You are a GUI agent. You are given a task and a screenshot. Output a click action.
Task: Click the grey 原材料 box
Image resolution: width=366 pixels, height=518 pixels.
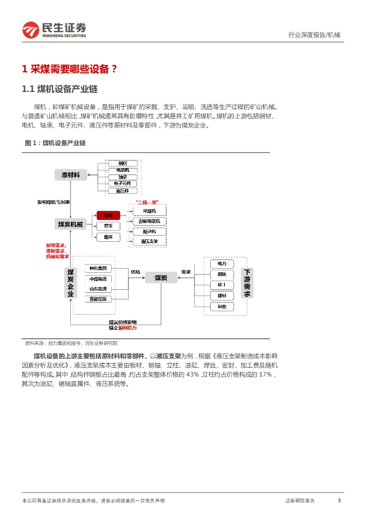[x=71, y=175]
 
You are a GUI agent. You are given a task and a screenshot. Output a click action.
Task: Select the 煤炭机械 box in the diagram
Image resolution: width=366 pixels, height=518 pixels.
[x=71, y=224]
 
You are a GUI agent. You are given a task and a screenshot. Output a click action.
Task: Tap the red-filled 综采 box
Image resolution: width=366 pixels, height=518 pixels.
[x=108, y=215]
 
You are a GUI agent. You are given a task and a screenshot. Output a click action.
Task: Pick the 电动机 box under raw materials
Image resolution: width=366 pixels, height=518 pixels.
[x=123, y=170]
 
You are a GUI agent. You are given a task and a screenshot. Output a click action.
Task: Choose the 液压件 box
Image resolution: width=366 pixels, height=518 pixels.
[x=123, y=191]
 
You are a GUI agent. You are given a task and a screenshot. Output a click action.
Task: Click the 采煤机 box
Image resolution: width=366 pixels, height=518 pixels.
[x=149, y=211]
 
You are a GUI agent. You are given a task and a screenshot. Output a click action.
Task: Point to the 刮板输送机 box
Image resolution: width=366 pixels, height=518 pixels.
[x=149, y=221]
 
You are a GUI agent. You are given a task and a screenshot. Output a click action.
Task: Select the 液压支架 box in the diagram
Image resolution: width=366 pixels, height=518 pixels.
[x=149, y=241]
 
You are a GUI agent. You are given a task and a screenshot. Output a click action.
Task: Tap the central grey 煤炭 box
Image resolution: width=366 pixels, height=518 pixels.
[x=161, y=277]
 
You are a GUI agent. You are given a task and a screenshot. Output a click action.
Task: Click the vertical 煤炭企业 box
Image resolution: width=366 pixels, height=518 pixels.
[x=71, y=283]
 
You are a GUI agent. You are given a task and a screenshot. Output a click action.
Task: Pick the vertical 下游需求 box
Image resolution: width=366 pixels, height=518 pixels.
[x=247, y=283]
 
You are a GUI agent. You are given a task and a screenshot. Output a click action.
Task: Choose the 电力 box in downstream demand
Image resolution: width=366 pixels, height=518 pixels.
[x=222, y=264]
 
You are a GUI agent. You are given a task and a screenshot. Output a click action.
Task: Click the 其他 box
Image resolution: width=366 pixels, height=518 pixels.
[x=222, y=307]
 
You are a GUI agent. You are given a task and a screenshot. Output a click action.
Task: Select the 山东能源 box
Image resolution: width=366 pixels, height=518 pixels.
[x=99, y=289]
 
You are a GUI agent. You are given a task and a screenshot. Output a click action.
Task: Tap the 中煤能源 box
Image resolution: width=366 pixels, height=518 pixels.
[x=99, y=279]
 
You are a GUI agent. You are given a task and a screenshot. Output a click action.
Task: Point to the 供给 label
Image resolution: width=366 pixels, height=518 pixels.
[x=135, y=272]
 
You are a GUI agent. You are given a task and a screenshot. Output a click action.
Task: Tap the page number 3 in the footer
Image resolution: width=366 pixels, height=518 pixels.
[x=339, y=501]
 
